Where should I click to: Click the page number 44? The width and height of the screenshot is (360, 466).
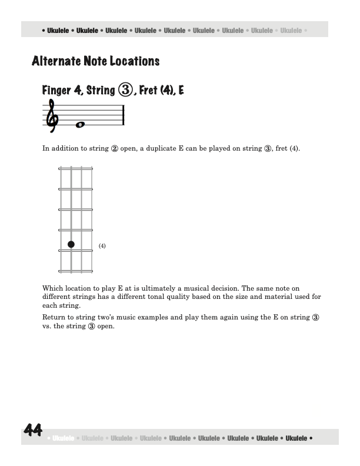pos(33,431)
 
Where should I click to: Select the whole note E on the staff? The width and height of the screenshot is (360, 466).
pos(81,125)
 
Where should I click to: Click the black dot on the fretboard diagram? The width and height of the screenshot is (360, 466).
pos(71,244)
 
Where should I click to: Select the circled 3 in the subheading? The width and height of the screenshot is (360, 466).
pos(125,91)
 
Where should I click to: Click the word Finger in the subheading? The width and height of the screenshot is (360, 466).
pos(56,91)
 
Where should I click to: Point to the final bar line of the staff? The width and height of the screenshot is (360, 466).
pos(124,114)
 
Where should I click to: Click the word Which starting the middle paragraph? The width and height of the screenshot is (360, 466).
pos(52,288)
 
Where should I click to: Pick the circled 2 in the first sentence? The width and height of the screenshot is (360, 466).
pos(114,149)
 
